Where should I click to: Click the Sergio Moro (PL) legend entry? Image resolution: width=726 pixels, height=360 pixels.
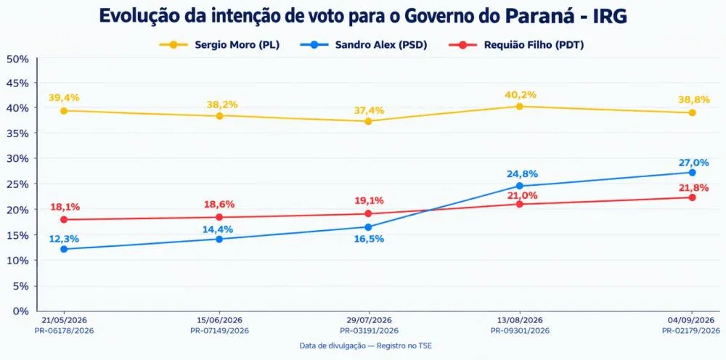[219, 45]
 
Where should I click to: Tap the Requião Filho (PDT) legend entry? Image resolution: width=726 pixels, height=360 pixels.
[516, 45]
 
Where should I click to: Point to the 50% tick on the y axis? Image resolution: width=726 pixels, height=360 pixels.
[17, 59]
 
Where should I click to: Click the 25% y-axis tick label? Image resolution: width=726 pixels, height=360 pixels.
[17, 184]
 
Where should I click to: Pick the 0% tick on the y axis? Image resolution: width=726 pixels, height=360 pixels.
[21, 311]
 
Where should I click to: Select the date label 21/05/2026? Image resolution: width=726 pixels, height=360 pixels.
[64, 320]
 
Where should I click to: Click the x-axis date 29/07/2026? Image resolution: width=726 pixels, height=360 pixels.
[369, 320]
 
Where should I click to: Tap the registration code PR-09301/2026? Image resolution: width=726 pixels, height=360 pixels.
[520, 331]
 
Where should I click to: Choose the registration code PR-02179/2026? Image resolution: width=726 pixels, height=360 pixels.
[691, 331]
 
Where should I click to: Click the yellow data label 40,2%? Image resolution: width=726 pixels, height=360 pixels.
[521, 95]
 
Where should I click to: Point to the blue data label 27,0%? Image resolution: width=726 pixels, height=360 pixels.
[693, 163]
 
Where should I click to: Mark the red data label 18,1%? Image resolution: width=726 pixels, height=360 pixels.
[64, 207]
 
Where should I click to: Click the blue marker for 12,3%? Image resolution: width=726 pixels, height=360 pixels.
[64, 249]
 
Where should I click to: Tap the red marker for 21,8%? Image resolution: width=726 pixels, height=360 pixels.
[692, 197]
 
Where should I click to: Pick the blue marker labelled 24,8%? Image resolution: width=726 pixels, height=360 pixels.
[520, 186]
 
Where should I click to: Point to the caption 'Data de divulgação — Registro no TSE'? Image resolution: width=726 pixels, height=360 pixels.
[366, 345]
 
